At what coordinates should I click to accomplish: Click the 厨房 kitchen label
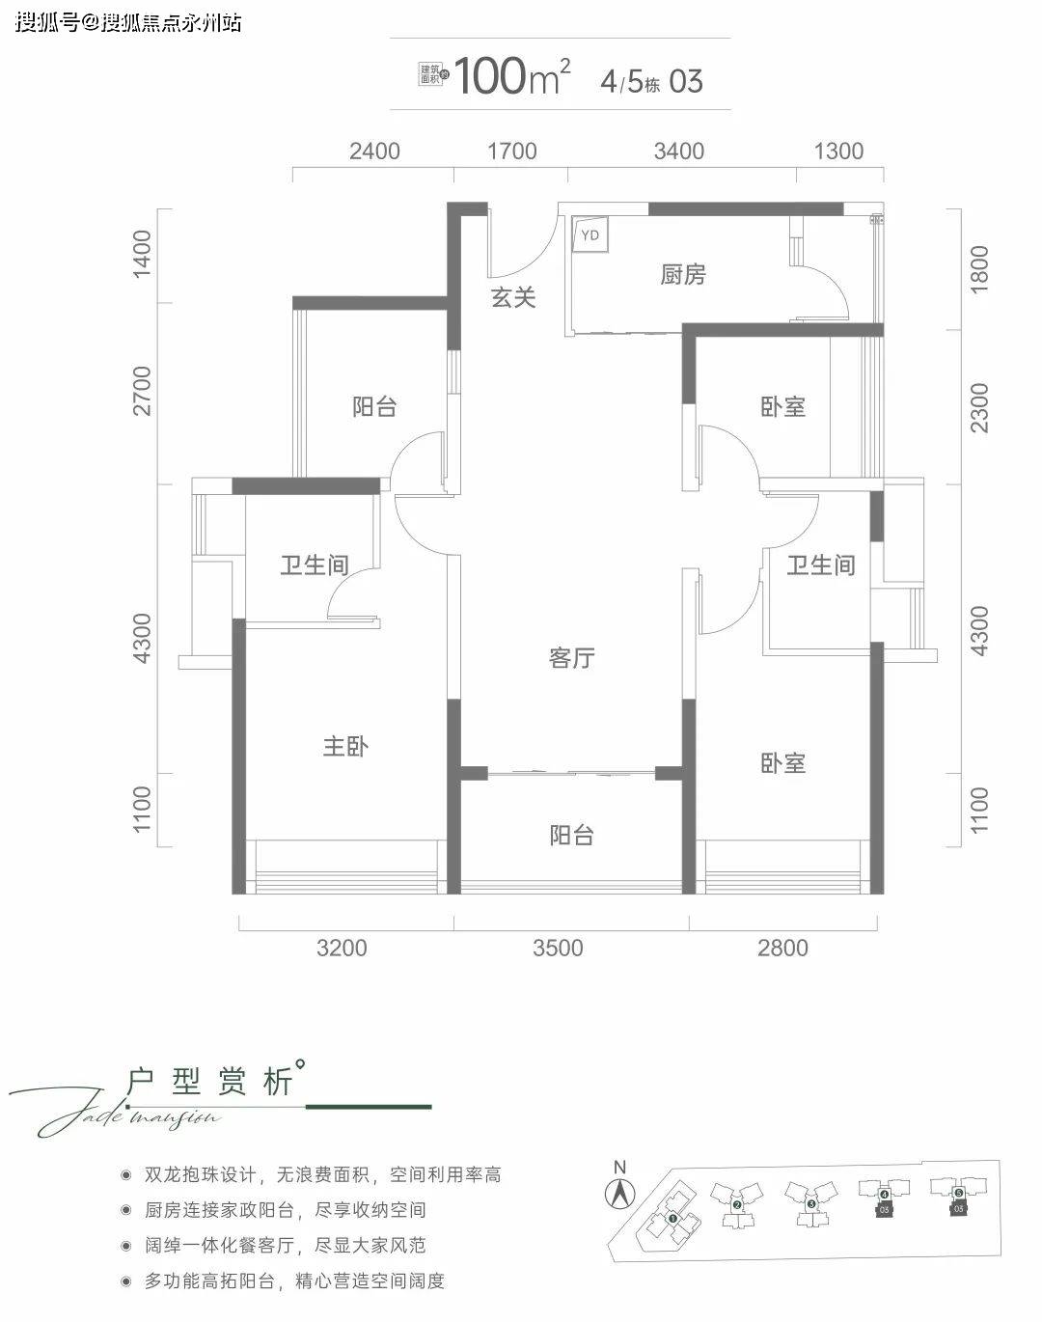[683, 275]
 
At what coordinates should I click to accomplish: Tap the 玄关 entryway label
[513, 297]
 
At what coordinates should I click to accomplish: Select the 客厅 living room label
[571, 658]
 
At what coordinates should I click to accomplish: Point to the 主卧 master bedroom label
[345, 746]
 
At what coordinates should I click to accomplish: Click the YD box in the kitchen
[590, 234]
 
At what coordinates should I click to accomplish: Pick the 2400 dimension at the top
[374, 151]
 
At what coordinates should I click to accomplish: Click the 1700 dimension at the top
[512, 151]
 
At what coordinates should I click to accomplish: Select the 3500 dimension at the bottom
[558, 948]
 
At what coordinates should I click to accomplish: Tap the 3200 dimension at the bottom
[342, 948]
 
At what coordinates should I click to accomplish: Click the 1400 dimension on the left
[143, 254]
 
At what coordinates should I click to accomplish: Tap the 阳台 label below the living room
[571, 835]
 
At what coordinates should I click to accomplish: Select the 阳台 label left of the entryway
[374, 406]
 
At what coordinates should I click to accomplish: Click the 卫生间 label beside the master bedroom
[315, 565]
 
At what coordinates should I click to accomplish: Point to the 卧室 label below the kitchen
[782, 406]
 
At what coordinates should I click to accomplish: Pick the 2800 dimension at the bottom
[782, 948]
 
